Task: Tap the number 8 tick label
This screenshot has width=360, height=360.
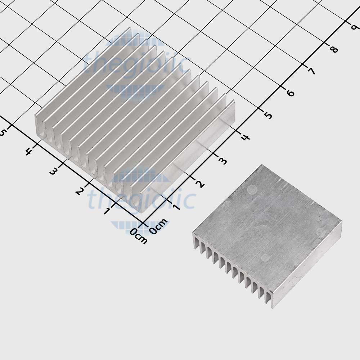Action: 334,49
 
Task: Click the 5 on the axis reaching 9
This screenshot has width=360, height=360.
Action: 268,116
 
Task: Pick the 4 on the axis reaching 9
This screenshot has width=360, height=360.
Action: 246,137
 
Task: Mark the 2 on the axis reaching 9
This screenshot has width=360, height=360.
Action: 200,184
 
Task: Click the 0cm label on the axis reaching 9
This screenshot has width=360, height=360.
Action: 158,226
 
